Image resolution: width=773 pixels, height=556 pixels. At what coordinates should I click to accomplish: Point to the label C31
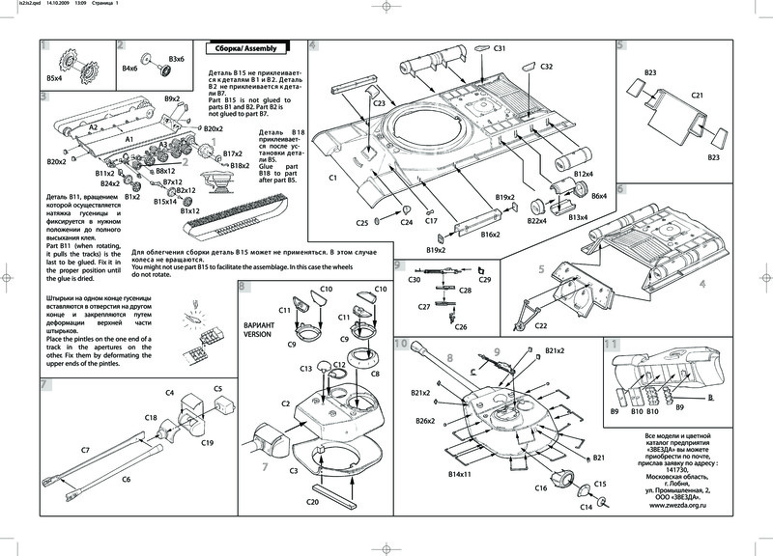[x=500, y=48]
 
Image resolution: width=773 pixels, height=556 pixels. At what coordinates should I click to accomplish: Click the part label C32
[x=546, y=67]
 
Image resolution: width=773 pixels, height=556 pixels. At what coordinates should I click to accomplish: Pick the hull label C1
[x=332, y=179]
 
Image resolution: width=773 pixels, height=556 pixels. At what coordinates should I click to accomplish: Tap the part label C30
[x=414, y=279]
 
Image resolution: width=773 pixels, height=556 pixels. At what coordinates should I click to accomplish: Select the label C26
[x=460, y=328]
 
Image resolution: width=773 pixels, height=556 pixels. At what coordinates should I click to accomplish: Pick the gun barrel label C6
[x=126, y=480]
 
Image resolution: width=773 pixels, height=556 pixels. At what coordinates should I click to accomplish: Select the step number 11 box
[x=611, y=344]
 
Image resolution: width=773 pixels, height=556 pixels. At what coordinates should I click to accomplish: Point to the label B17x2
[x=233, y=153]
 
